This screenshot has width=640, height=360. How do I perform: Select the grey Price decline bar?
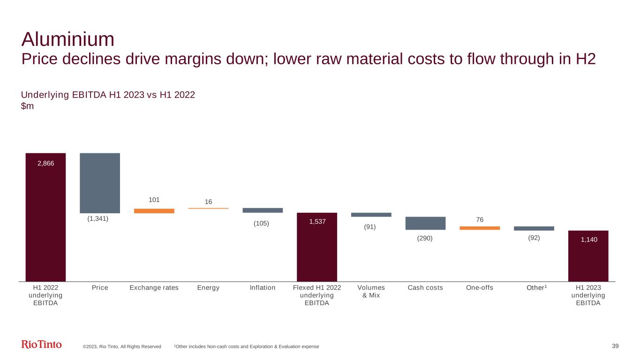100,183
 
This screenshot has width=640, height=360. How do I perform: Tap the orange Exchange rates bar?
154,211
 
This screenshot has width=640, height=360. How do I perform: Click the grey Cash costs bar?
425,223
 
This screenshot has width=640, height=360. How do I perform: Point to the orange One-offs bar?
480,228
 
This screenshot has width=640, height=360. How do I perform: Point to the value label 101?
154,200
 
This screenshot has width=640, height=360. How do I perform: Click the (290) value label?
425,238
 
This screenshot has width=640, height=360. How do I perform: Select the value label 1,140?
588,240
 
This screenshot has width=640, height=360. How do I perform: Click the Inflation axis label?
263,288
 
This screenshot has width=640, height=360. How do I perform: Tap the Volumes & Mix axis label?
371,292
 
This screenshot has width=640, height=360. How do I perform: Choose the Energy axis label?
208,288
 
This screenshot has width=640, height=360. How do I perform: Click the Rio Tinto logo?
42,345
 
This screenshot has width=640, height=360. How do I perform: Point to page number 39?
616,346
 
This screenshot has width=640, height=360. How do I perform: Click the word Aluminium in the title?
68,39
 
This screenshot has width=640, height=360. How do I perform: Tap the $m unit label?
27,106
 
